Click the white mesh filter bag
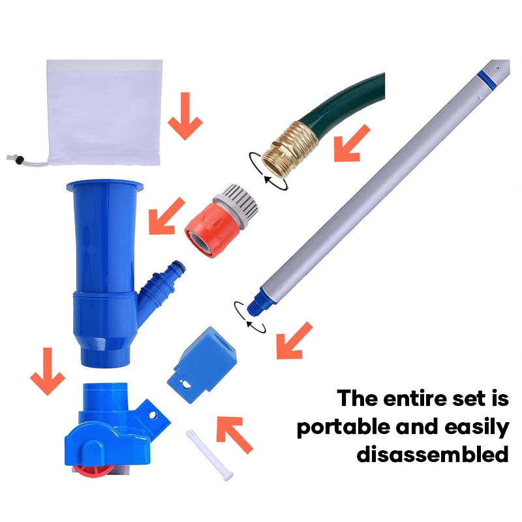point(105,112)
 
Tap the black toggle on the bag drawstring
point(20,159)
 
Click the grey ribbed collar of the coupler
point(238,204)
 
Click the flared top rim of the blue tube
point(105,186)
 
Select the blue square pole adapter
point(202,365)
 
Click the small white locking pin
point(209,455)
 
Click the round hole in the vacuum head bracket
point(153,416)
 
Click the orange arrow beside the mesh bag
point(185,117)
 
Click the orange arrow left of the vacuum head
point(48,371)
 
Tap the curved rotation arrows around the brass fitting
point(268,171)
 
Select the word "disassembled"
point(433,453)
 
